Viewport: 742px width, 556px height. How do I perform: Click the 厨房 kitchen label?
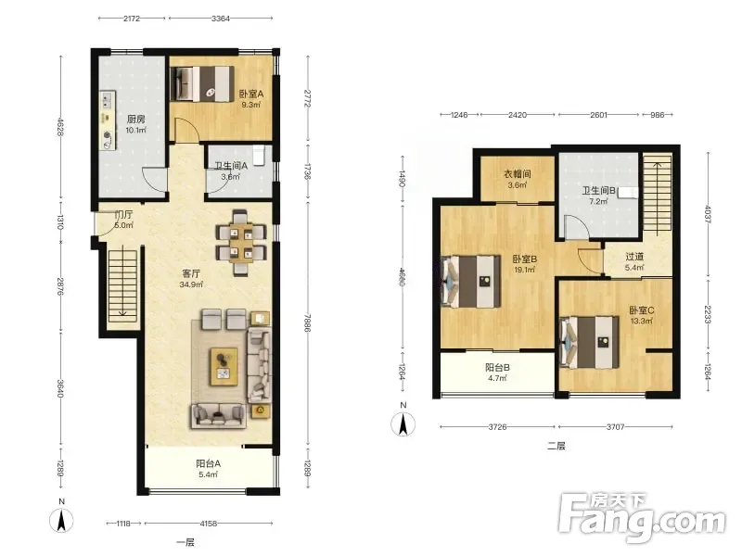point(135,120)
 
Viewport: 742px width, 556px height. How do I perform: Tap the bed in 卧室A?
point(202,83)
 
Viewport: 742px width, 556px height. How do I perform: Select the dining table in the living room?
point(241,243)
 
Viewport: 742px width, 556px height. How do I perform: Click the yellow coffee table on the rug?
point(224,366)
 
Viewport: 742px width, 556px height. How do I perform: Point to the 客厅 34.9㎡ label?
point(191,279)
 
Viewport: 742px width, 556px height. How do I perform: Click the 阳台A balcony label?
point(208,463)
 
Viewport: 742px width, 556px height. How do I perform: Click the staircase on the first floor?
point(122,285)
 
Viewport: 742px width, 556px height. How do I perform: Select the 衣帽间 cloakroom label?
point(517,173)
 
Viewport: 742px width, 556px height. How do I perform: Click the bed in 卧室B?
point(471,281)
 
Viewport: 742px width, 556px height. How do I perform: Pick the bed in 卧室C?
point(589,342)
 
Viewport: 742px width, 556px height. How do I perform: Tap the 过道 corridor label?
point(634,257)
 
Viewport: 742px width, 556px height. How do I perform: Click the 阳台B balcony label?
point(497,367)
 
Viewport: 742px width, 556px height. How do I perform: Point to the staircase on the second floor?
point(658,194)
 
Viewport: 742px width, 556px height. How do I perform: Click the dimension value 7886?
point(308,322)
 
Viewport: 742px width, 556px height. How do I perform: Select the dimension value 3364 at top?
point(221,19)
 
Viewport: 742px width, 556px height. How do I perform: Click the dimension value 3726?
point(497,427)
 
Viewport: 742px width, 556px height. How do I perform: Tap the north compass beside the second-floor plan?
point(403,423)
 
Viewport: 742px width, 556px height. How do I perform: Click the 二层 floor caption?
point(556,446)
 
